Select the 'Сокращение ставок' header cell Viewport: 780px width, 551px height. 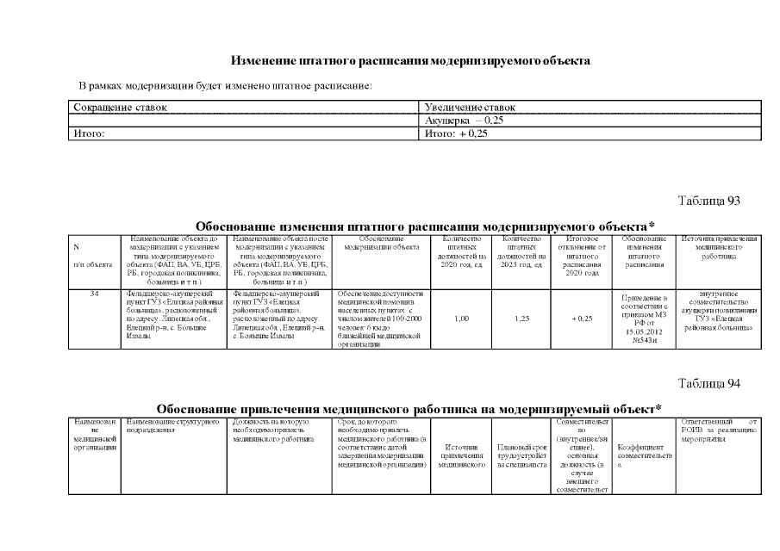click(x=120, y=108)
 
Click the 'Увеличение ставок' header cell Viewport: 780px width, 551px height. click(x=470, y=108)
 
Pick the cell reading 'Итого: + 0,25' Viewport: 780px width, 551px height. click(x=457, y=134)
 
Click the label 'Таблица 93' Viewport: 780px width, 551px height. click(x=709, y=201)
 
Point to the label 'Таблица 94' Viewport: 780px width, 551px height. click(x=709, y=383)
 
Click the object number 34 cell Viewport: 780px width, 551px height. click(x=96, y=294)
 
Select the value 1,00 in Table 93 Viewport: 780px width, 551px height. click(x=460, y=319)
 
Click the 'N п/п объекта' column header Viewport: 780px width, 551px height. click(x=95, y=255)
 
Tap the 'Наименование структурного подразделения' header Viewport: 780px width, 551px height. click(x=172, y=427)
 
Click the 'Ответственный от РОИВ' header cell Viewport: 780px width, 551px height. click(x=719, y=427)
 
